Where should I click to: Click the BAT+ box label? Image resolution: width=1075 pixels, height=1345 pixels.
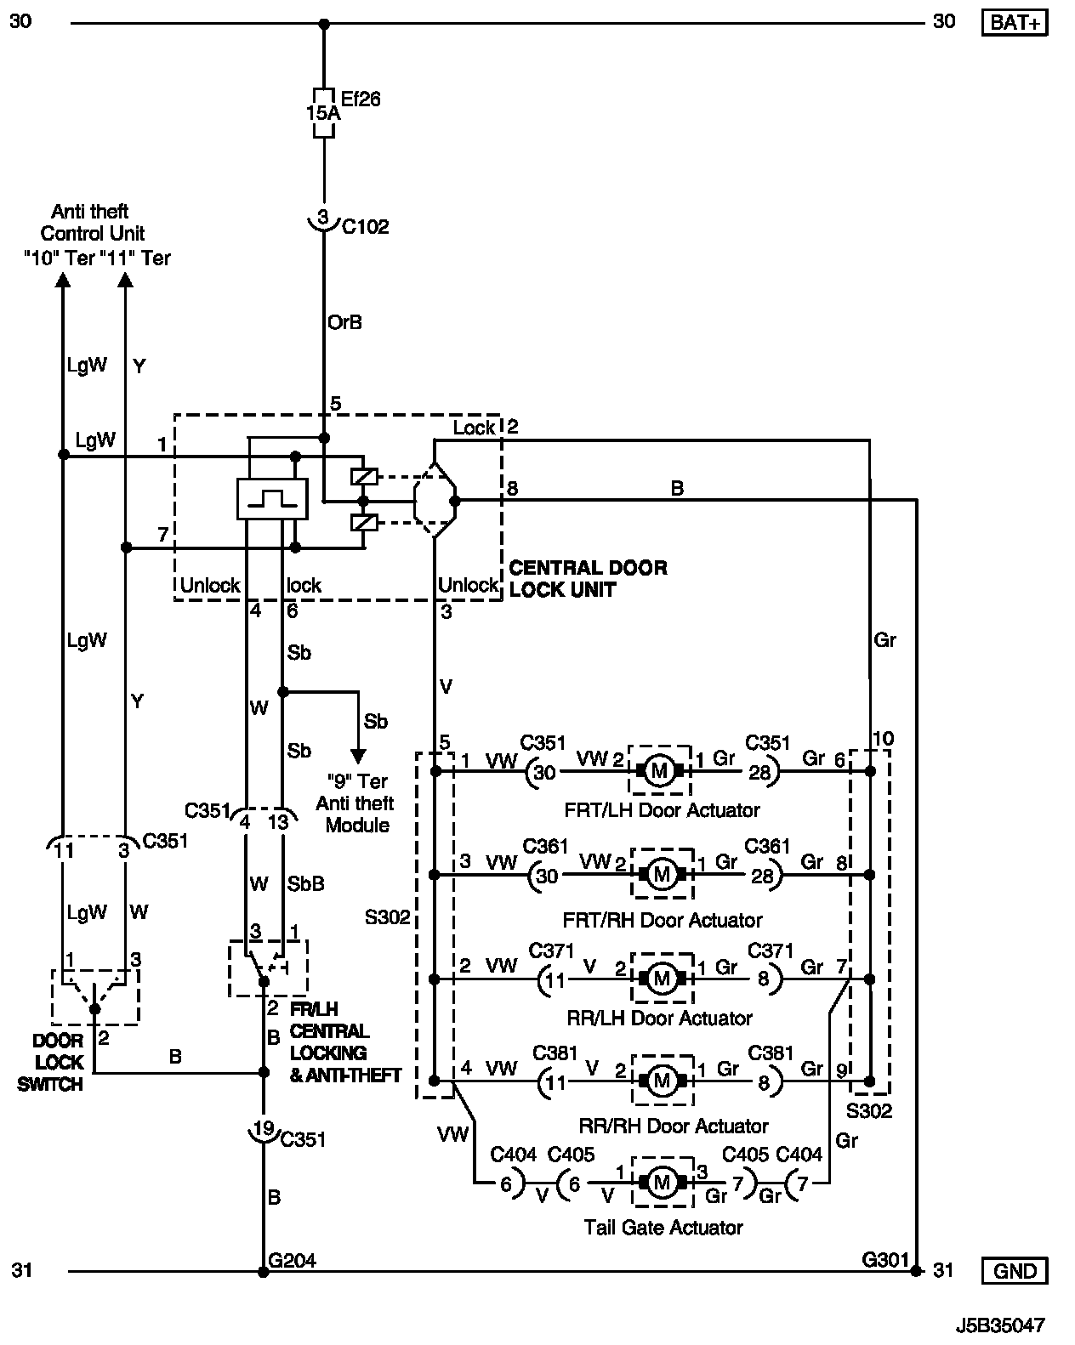click(x=1015, y=22)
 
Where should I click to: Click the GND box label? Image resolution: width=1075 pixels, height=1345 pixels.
click(x=1015, y=1271)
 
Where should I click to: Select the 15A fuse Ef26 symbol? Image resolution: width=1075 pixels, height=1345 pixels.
click(x=323, y=112)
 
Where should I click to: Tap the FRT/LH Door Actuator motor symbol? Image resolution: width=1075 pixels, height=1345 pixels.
click(x=661, y=771)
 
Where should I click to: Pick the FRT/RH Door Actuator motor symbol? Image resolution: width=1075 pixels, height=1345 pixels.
click(x=662, y=873)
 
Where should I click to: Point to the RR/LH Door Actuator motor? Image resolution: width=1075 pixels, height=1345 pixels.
click(x=661, y=979)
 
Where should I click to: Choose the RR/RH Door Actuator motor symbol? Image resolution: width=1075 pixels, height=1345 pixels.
click(x=662, y=1081)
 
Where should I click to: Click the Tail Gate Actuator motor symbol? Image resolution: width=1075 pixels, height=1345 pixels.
click(x=662, y=1182)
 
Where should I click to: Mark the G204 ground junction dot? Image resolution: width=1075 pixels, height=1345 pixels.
click(x=263, y=1272)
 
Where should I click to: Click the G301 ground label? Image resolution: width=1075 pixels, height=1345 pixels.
click(x=884, y=1259)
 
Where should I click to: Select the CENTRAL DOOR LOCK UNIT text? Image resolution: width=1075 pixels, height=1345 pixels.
click(x=587, y=578)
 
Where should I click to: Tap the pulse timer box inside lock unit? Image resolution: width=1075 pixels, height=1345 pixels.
click(x=271, y=498)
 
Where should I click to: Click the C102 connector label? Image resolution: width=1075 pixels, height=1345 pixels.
click(x=365, y=226)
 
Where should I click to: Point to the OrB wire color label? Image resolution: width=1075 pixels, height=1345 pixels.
click(x=344, y=322)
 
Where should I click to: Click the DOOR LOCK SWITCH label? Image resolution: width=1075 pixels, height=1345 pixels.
click(x=58, y=1062)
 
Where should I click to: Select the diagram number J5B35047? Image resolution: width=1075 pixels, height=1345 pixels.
click(x=999, y=1325)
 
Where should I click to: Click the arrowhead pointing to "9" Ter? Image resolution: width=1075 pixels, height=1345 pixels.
click(x=358, y=755)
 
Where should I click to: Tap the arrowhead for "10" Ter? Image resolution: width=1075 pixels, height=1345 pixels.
click(x=62, y=280)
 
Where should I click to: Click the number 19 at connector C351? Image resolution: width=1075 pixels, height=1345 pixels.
click(x=264, y=1129)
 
